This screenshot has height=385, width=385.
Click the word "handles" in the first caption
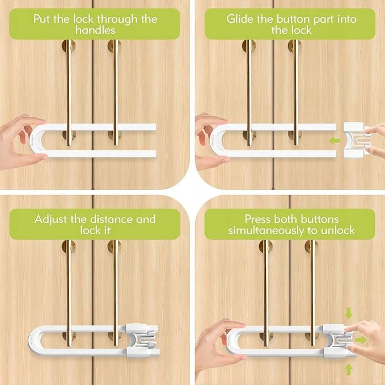[x=95, y=30]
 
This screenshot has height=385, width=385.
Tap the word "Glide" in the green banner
[x=240, y=19]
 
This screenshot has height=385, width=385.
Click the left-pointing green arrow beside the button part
[x=335, y=141]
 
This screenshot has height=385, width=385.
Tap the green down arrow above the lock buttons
[x=349, y=313]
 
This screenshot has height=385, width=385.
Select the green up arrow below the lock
[x=349, y=370]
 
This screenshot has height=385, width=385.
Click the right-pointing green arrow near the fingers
[x=361, y=340]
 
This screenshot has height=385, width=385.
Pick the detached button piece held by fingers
[x=356, y=139]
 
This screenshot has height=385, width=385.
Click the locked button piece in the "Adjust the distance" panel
[x=142, y=340]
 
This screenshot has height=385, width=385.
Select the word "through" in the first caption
[x=117, y=19]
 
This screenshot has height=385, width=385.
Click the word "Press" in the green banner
[x=257, y=219]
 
